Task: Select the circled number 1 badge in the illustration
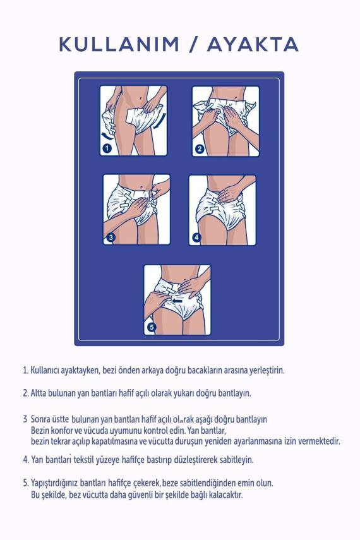(107, 148)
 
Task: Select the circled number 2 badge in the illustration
(200, 149)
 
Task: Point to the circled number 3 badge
(111, 237)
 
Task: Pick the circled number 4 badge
(196, 237)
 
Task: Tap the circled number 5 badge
(151, 327)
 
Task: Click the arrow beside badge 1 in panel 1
(106, 135)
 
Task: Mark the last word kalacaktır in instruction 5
(224, 495)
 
